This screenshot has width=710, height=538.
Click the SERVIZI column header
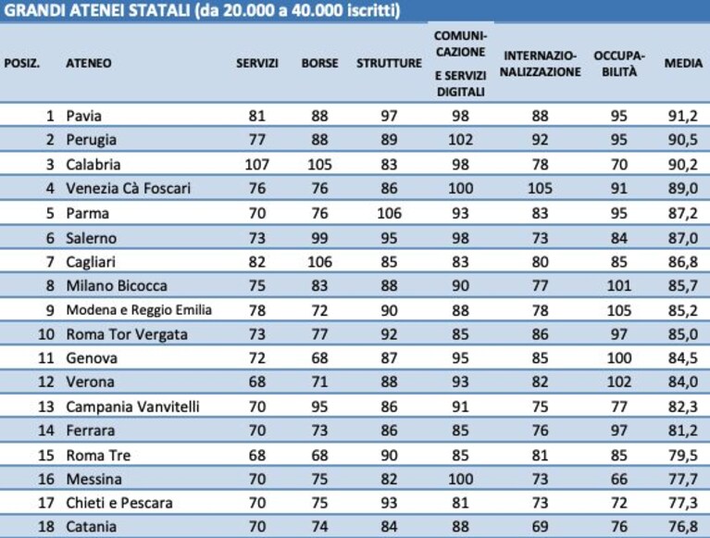257,63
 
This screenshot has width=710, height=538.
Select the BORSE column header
319,63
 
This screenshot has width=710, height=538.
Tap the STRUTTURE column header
389,63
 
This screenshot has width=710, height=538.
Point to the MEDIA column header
683,63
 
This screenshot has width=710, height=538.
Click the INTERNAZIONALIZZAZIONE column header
541,63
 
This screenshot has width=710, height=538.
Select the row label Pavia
83,116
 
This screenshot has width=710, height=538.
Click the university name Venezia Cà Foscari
128,188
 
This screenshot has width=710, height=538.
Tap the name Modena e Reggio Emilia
139,310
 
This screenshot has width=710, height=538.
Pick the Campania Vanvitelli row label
132,407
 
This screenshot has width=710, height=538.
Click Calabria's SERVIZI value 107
257,164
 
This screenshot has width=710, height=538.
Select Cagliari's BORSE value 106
319,262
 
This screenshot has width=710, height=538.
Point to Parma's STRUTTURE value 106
389,213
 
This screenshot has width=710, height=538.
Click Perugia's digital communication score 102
460,140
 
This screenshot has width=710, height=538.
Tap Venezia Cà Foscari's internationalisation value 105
541,188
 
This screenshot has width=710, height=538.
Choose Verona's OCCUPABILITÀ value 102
619,382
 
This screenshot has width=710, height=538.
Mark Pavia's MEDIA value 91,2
683,116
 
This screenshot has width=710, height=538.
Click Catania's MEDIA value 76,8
683,527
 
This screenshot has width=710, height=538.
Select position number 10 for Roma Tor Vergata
46,334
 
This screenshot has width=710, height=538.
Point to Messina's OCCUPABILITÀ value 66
619,479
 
